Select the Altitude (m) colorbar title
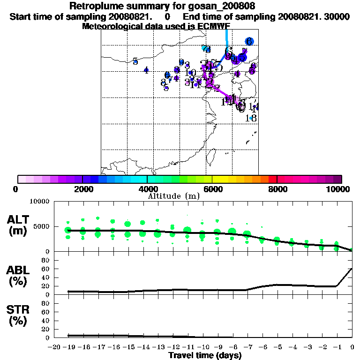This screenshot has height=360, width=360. pos(174,196)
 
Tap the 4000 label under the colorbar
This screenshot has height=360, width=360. pos(147,189)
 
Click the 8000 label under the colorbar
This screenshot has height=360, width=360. pos(277,189)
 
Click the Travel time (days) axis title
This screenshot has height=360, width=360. pos(205,355)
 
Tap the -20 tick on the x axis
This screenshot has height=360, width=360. pos(54,347)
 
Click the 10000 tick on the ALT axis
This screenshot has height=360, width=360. pos(39,201)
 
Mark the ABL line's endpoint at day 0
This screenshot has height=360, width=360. pos(352,269)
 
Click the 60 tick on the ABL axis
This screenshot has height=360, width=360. pos(46,269)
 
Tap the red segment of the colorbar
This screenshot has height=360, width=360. pos(272,179)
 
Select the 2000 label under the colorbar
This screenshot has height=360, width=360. pos(82,189)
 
